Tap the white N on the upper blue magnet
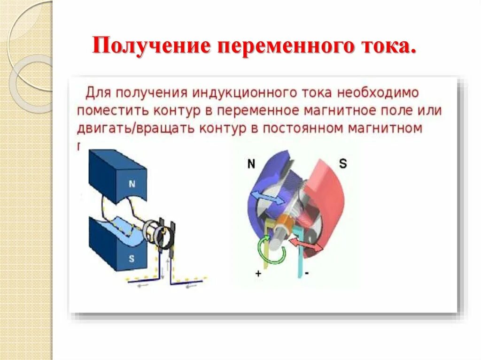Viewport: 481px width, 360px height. [x=132, y=184]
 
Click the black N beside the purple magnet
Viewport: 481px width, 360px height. [x=251, y=164]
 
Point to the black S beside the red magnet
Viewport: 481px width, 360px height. [x=343, y=164]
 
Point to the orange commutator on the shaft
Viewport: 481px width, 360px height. [x=285, y=222]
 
